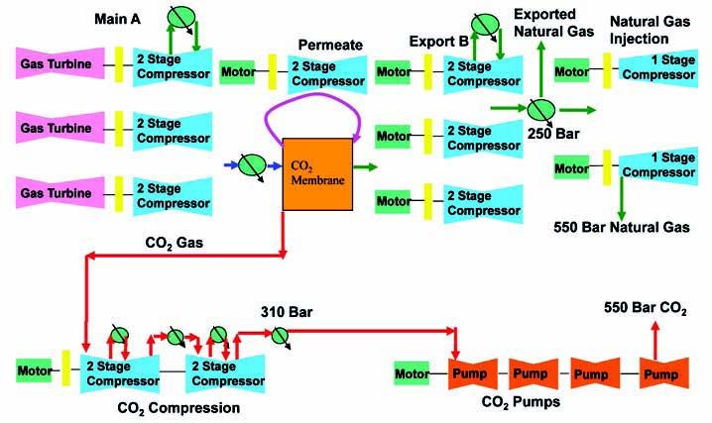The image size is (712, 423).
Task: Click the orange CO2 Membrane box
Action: pyautogui.click(x=316, y=172)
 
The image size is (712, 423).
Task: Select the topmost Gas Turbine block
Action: pyautogui.click(x=58, y=67)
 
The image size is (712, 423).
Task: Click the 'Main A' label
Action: pyautogui.click(x=118, y=19)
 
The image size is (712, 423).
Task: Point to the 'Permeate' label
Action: pyautogui.click(x=331, y=45)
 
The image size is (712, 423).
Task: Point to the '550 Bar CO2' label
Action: pyautogui.click(x=646, y=310)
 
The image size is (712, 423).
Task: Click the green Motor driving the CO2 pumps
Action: pyautogui.click(x=413, y=374)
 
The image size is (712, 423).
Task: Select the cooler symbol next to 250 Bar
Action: pyautogui.click(x=540, y=109)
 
